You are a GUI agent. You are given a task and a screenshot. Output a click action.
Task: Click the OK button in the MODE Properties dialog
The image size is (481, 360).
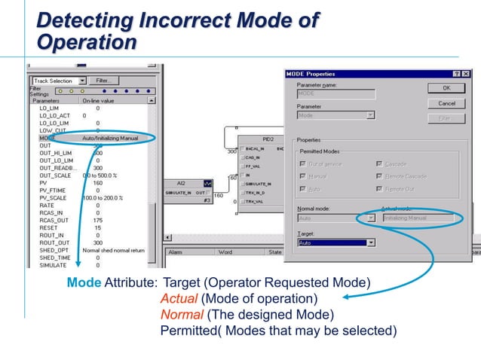point(446,88)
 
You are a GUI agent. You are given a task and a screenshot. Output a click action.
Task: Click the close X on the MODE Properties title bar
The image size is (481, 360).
point(465,73)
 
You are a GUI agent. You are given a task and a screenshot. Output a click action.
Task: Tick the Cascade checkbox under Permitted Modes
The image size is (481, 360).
point(378,163)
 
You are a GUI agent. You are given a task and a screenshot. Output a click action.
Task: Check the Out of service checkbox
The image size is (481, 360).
point(302,163)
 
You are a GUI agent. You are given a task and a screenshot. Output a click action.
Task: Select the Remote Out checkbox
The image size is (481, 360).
point(378,188)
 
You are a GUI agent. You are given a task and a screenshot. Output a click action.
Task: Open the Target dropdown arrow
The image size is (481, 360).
point(370,243)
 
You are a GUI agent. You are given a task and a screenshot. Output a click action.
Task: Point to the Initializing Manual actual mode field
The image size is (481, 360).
point(417,218)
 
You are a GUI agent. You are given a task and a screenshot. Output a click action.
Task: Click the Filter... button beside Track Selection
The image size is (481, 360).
point(103,81)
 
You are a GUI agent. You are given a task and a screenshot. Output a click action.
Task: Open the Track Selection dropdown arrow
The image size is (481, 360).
point(78,81)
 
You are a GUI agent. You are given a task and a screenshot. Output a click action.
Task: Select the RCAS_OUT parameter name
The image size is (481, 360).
point(51,220)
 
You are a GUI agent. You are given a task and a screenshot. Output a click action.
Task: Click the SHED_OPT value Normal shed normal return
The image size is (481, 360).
point(114,249)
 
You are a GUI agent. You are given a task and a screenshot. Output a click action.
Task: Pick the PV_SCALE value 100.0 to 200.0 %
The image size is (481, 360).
point(103,197)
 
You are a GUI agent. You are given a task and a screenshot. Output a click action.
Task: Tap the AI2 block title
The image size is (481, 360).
point(181,182)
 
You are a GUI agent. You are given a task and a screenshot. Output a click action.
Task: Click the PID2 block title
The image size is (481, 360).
point(268,140)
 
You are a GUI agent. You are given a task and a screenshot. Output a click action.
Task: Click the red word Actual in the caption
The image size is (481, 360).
point(176,297)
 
